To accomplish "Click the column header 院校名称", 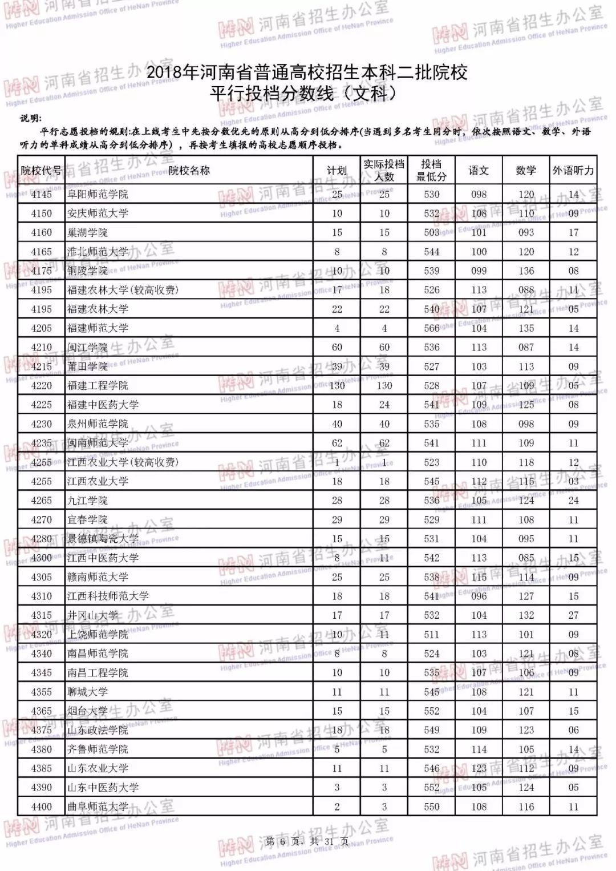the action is pos(189,170).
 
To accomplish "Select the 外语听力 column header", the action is pos(573,170).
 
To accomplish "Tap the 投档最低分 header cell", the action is pos(431,170).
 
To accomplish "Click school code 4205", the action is pos(41,328).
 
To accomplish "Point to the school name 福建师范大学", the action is pos(98,328).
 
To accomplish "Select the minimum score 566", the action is pos(431,328).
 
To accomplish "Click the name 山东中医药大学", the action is pos(103,787).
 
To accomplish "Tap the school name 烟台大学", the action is pos(87,711).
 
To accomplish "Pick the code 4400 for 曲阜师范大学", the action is pos(41,807).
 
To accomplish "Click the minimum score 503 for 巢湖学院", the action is pos(431,232).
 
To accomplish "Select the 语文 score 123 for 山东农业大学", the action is pos(479,768).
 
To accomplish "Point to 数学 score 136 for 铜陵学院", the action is pos(526,271).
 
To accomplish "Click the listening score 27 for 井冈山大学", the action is pos(573,615).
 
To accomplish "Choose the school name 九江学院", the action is pos(87,501).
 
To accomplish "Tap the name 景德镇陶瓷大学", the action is pos(103,539).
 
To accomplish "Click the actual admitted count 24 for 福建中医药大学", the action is pos(384,405).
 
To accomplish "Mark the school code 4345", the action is pos(41,672).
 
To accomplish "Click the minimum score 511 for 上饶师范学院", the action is pos(431,634).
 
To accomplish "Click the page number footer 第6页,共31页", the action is pos(307,841).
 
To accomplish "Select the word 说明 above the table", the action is pos(30,118).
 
